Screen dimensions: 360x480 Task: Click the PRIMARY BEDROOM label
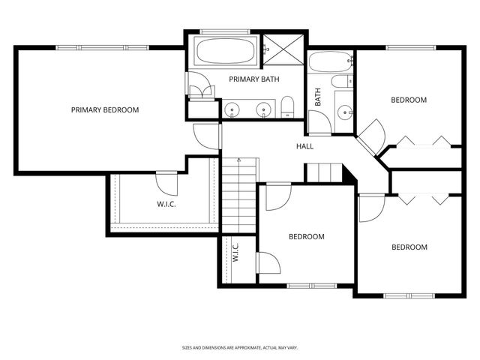click(x=105, y=110)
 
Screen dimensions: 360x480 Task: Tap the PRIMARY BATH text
click(x=254, y=79)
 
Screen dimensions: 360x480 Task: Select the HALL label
click(x=304, y=146)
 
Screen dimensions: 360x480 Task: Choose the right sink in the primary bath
click(x=263, y=110)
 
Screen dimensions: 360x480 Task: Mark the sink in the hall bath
click(x=345, y=112)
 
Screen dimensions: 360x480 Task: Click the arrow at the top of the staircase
click(x=238, y=160)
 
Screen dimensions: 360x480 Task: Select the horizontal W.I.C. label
click(x=166, y=203)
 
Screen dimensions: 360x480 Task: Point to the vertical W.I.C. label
click(x=235, y=253)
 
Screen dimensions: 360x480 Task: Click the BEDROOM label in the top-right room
click(x=409, y=100)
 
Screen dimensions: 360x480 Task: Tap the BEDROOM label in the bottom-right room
click(x=409, y=247)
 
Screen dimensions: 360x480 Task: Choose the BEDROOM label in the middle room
click(x=306, y=236)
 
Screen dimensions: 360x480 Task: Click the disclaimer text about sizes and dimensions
click(x=241, y=348)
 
